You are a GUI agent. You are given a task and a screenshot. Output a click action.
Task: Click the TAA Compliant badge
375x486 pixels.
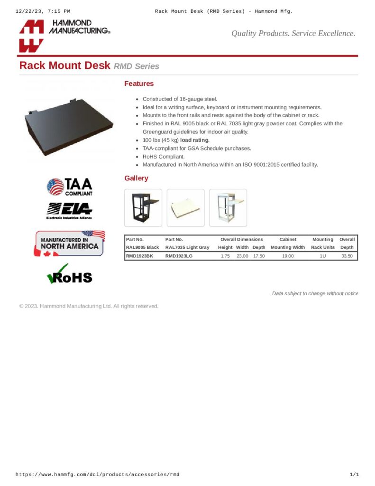coord(70,187)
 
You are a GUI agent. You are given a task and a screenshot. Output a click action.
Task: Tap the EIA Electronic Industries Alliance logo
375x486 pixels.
coord(69,211)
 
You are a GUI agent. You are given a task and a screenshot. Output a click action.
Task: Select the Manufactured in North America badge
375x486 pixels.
coord(69,243)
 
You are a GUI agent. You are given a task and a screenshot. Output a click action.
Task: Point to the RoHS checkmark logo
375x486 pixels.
coord(69,274)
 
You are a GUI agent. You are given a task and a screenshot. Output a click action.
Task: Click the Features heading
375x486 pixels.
coord(139,84)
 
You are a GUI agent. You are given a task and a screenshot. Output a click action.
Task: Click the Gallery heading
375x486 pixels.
coord(136,178)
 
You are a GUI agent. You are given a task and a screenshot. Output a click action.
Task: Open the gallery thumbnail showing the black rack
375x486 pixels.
coord(143,207)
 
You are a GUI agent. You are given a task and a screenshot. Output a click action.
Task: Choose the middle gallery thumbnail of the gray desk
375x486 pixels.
coord(185,207)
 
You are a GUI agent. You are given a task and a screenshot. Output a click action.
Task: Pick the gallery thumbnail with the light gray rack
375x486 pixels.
coord(228,207)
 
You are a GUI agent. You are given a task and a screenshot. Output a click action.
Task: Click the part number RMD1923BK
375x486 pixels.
coord(139,256)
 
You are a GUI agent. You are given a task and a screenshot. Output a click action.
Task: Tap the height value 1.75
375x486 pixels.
coord(225,256)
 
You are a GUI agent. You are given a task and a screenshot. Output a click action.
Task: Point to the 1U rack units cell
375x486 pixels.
coord(322,256)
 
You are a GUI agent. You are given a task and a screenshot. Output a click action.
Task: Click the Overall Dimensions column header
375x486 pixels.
coord(241,239)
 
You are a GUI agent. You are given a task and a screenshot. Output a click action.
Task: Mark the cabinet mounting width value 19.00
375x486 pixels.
coord(288,256)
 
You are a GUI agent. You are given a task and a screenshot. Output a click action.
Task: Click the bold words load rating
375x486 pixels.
coord(194,140)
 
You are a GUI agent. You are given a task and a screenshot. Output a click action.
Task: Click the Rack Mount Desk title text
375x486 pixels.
coord(64,65)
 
